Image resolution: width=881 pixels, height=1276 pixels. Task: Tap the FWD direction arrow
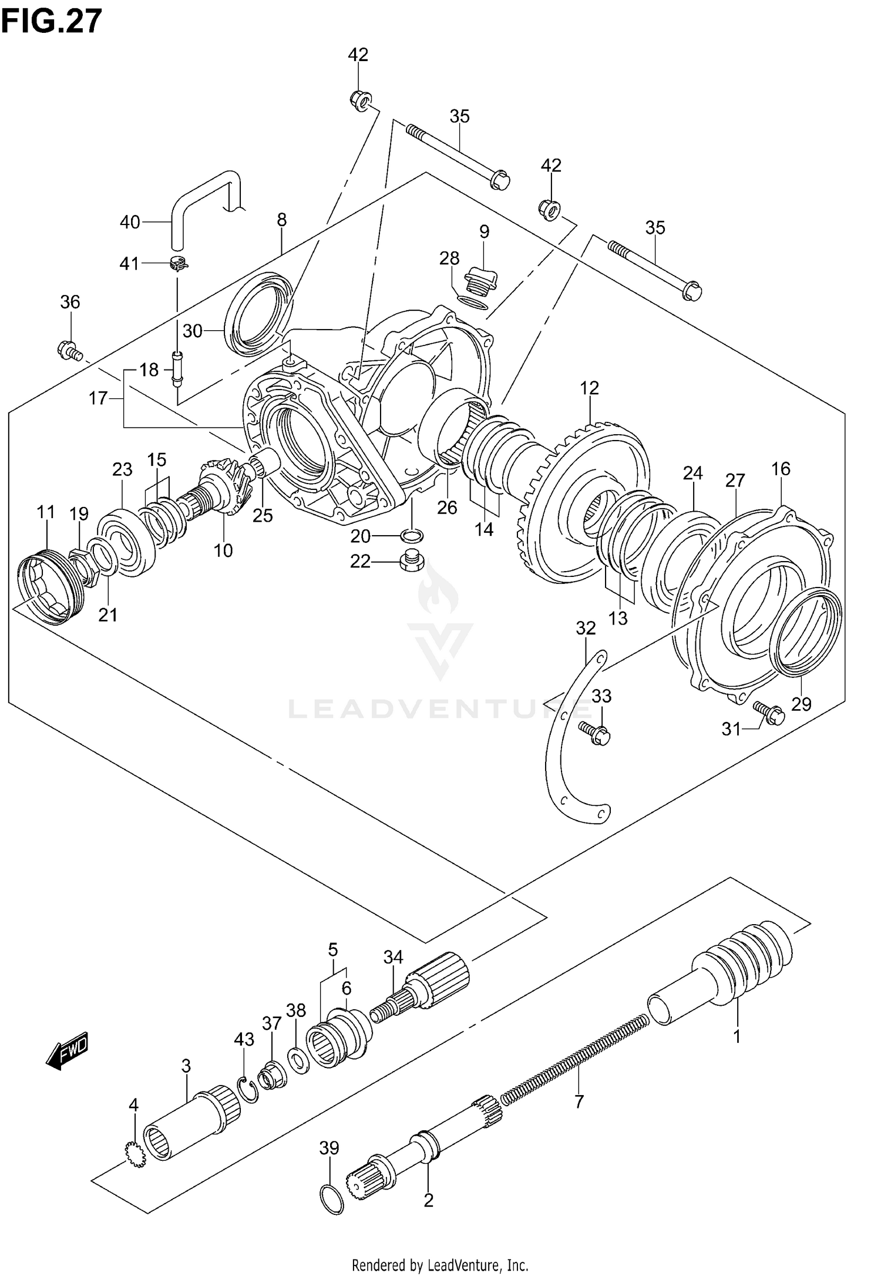click(x=67, y=1050)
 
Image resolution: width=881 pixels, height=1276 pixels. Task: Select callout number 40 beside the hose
click(x=130, y=222)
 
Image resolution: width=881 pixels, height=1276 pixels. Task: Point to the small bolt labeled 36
click(x=69, y=351)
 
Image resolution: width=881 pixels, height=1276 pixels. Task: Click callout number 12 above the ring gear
click(x=589, y=388)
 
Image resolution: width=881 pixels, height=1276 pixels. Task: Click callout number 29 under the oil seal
click(x=801, y=703)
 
